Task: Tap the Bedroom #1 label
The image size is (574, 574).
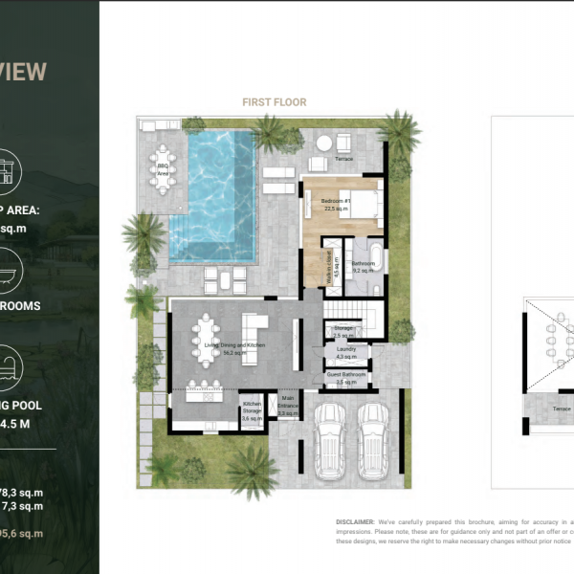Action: (336, 203)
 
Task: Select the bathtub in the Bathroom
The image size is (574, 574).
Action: (376, 258)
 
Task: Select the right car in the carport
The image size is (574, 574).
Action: (373, 440)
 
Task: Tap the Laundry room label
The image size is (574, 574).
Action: (345, 352)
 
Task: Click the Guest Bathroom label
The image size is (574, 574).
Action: (345, 378)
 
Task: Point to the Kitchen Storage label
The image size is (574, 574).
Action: (252, 411)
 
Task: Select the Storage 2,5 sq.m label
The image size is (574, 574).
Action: (344, 332)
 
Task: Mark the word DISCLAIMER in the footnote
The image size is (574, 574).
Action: (357, 521)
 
